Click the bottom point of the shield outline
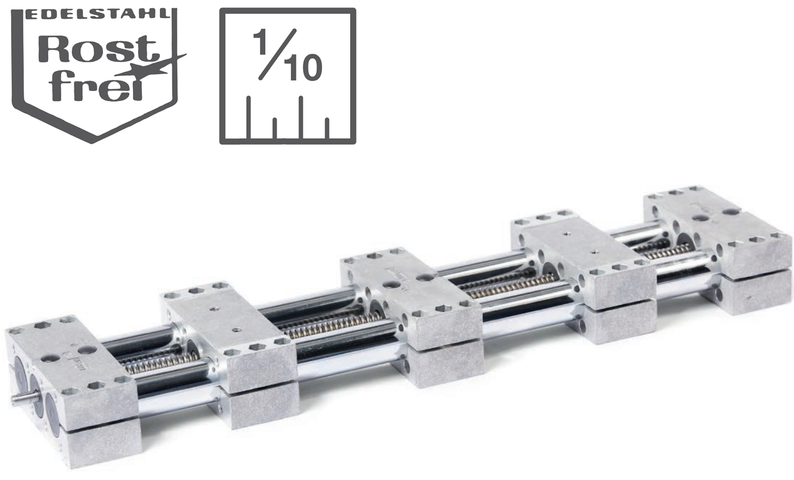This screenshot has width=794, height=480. [x=92, y=142]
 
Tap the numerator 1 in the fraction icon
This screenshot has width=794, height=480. [x=263, y=42]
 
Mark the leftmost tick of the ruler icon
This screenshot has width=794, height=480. [x=249, y=117]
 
